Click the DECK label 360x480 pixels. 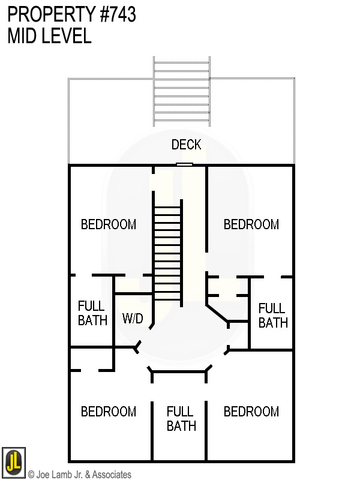[186, 145]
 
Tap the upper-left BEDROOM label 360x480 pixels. [109, 224]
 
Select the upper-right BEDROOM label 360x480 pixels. [251, 224]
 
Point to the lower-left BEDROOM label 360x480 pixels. [109, 412]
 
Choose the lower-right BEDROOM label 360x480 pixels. [251, 412]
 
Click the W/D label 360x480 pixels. [133, 318]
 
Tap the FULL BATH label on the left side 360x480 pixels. [92, 313]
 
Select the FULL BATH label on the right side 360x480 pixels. [272, 316]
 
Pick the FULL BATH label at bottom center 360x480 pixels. [181, 419]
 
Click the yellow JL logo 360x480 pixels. [13, 463]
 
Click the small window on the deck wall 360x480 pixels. [184, 164]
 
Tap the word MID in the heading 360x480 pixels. [22, 36]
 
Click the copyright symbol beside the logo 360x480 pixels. [31, 475]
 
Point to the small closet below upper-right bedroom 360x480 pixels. [227, 286]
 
